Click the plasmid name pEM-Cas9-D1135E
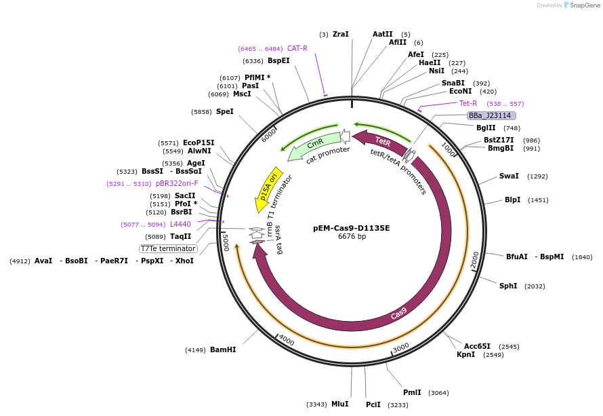[x=352, y=228]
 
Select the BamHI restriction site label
[x=223, y=350]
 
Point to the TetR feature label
[x=383, y=142]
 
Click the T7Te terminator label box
[x=168, y=248]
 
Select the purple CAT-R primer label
[x=297, y=49]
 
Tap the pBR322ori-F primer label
[x=177, y=183]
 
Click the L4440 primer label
[x=180, y=224]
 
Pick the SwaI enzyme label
[x=509, y=176]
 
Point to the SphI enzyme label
[x=508, y=286]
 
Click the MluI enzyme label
[x=339, y=404]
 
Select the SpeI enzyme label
[x=225, y=112]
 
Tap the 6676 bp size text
[x=352, y=237]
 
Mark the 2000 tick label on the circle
[x=475, y=259]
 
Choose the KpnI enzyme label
[x=465, y=355]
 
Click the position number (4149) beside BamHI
[x=195, y=350]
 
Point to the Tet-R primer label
[x=468, y=104]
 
